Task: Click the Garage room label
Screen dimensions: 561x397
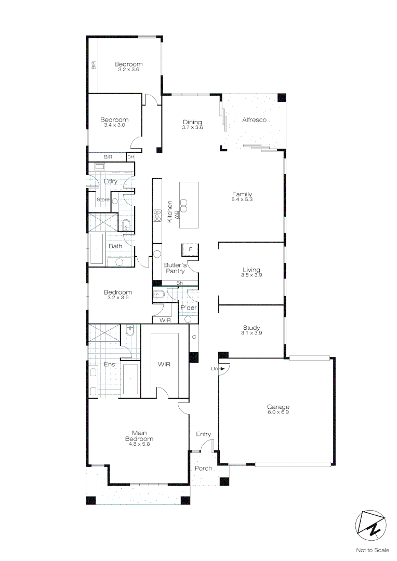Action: click(278, 407)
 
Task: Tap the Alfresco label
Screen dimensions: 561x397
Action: click(254, 120)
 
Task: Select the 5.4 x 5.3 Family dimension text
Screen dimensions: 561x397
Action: click(242, 200)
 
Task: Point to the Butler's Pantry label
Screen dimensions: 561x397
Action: click(175, 268)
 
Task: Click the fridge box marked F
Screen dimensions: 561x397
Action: click(190, 250)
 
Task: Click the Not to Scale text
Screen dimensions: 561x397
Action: click(372, 550)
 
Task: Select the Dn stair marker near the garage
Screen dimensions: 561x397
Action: click(214, 369)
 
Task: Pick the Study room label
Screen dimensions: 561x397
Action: click(252, 328)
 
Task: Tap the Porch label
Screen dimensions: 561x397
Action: click(204, 468)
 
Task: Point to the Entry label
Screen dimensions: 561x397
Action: click(203, 434)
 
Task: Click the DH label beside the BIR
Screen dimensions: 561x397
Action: click(130, 157)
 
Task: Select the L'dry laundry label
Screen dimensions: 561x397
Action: click(110, 181)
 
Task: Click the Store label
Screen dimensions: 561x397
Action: click(103, 199)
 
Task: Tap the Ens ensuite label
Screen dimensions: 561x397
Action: click(109, 364)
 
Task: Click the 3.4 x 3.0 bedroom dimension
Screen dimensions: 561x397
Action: click(114, 125)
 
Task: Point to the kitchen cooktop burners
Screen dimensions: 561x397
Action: click(157, 216)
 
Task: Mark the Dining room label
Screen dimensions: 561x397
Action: click(192, 122)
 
